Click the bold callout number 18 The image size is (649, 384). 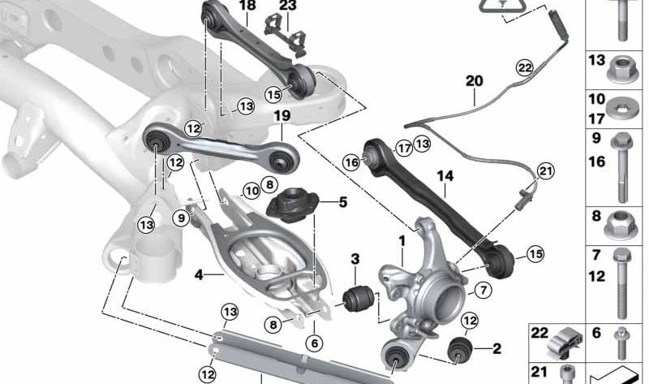247,6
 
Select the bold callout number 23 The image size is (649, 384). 289,6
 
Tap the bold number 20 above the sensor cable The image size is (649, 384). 474,80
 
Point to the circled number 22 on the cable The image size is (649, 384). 524,67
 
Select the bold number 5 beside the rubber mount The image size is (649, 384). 342,201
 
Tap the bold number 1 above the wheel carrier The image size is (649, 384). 401,241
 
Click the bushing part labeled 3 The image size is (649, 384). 358,297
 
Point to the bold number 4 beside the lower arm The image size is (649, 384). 199,274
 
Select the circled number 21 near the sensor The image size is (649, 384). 544,170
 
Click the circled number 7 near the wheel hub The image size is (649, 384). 480,290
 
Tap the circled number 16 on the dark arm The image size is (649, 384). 350,162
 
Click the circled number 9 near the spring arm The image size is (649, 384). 181,217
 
